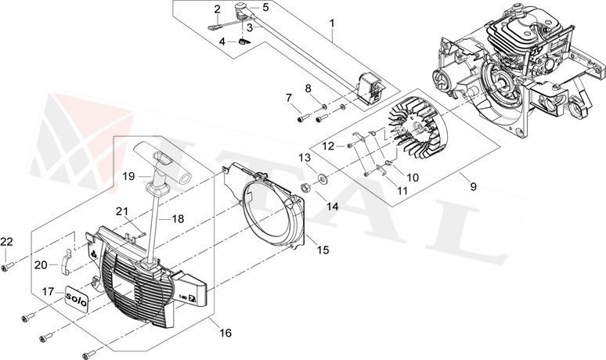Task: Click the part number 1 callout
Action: [332, 24]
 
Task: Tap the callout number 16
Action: [225, 333]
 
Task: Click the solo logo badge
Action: [75, 299]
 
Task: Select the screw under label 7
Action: [301, 118]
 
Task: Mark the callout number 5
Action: [265, 7]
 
